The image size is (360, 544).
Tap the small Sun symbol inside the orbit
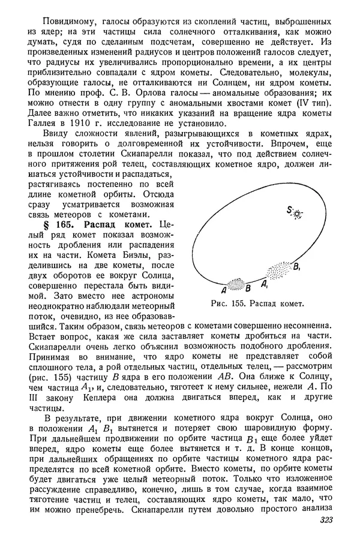(296, 214)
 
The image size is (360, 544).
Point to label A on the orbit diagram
(223, 288)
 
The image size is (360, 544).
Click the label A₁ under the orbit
(265, 282)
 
